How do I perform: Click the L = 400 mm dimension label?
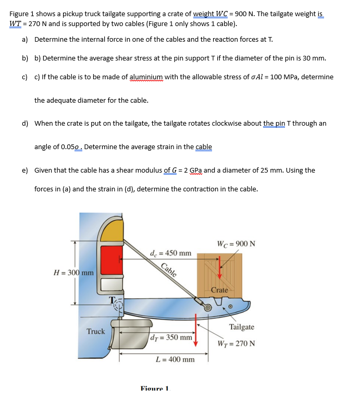175,359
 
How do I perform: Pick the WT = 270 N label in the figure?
237,344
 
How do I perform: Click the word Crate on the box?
219,290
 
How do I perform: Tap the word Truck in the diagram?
96,331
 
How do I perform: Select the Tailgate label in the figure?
241,327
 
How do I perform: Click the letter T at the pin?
110,299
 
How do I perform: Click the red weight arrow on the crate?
219,267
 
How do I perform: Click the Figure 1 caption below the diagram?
155,388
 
